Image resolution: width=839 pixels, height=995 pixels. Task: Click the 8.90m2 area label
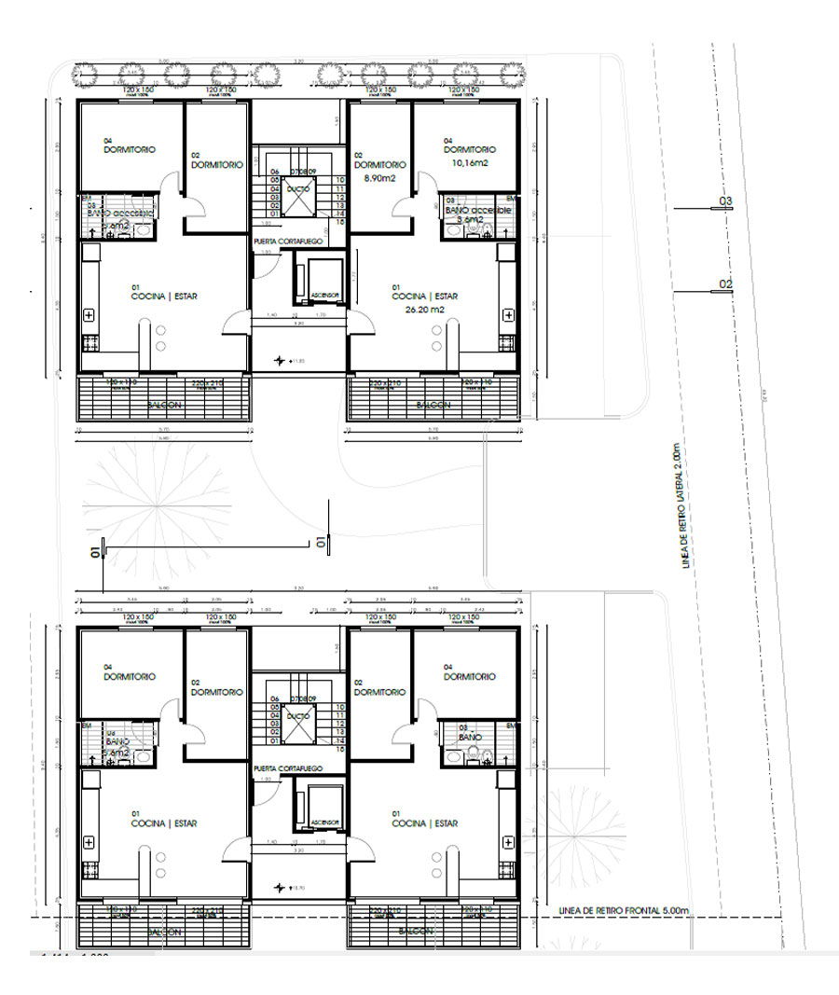[x=380, y=176]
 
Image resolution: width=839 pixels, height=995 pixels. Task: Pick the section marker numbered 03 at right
[x=725, y=201]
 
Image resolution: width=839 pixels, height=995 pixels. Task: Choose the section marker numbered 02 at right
[x=725, y=284]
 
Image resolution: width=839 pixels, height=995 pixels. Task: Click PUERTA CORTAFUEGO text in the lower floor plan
[x=287, y=767]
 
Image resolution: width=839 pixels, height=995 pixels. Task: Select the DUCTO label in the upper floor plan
[x=298, y=188]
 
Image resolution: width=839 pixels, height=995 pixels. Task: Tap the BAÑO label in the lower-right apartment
[x=470, y=737]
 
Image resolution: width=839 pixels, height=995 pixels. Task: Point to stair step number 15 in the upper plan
[x=341, y=223]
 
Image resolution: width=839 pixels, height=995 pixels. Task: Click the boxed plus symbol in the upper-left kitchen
[x=89, y=315]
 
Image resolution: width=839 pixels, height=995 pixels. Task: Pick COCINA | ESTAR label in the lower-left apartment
[x=164, y=823]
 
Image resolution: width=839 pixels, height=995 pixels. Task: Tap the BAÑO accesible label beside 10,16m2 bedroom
[x=477, y=211]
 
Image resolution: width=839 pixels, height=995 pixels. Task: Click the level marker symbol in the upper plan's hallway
[x=279, y=359]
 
